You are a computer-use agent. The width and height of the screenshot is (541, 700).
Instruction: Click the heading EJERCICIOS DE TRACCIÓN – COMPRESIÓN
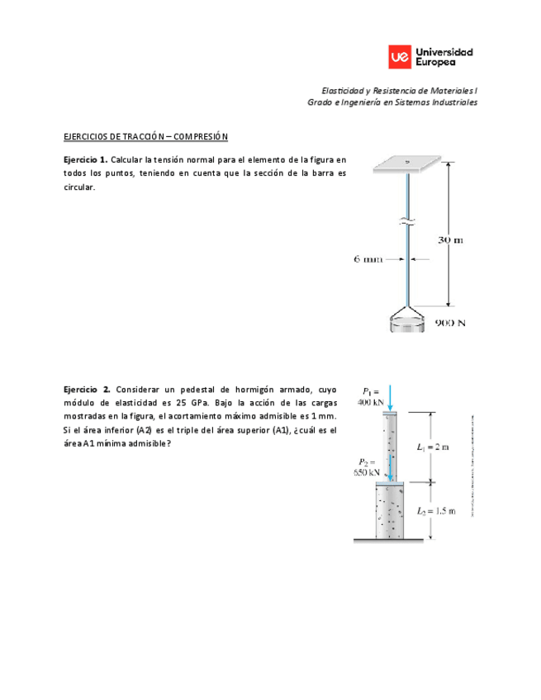point(145,136)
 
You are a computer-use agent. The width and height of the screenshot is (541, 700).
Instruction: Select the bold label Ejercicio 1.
point(86,158)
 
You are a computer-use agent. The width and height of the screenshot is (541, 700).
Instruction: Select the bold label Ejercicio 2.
point(87,389)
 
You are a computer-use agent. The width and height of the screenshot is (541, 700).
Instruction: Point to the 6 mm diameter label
point(369,259)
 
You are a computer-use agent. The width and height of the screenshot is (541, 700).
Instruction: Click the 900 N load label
point(450,324)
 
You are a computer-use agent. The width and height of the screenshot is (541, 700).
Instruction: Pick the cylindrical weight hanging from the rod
point(408,324)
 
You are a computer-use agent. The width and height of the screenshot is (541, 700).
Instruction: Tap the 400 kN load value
point(370,404)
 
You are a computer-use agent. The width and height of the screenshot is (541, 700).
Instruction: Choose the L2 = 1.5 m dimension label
point(435,512)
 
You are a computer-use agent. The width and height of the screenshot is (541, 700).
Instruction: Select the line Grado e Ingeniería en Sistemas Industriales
point(392,102)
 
